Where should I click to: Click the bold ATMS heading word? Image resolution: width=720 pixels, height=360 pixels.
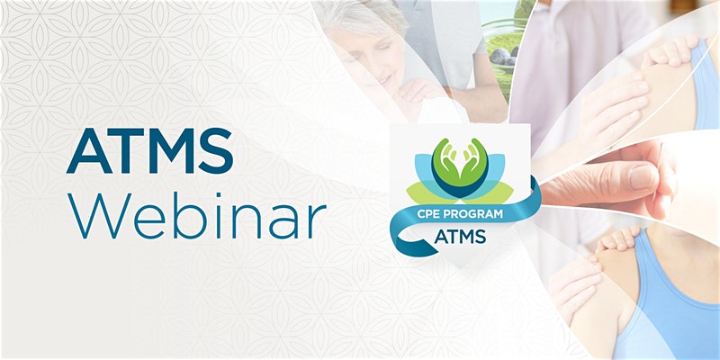point(149,150)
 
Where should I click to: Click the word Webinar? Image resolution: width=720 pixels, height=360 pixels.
point(196,215)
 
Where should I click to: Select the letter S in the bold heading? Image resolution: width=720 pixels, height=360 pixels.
point(215,150)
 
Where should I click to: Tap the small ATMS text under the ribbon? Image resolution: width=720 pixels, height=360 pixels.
point(460,236)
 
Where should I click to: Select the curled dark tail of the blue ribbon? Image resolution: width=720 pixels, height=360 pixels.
point(409,242)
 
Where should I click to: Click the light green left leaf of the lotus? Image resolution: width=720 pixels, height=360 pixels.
point(425,193)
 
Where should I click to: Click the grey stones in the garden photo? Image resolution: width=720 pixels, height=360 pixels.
point(504,57)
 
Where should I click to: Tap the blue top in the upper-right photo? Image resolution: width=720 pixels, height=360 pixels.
point(705,83)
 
